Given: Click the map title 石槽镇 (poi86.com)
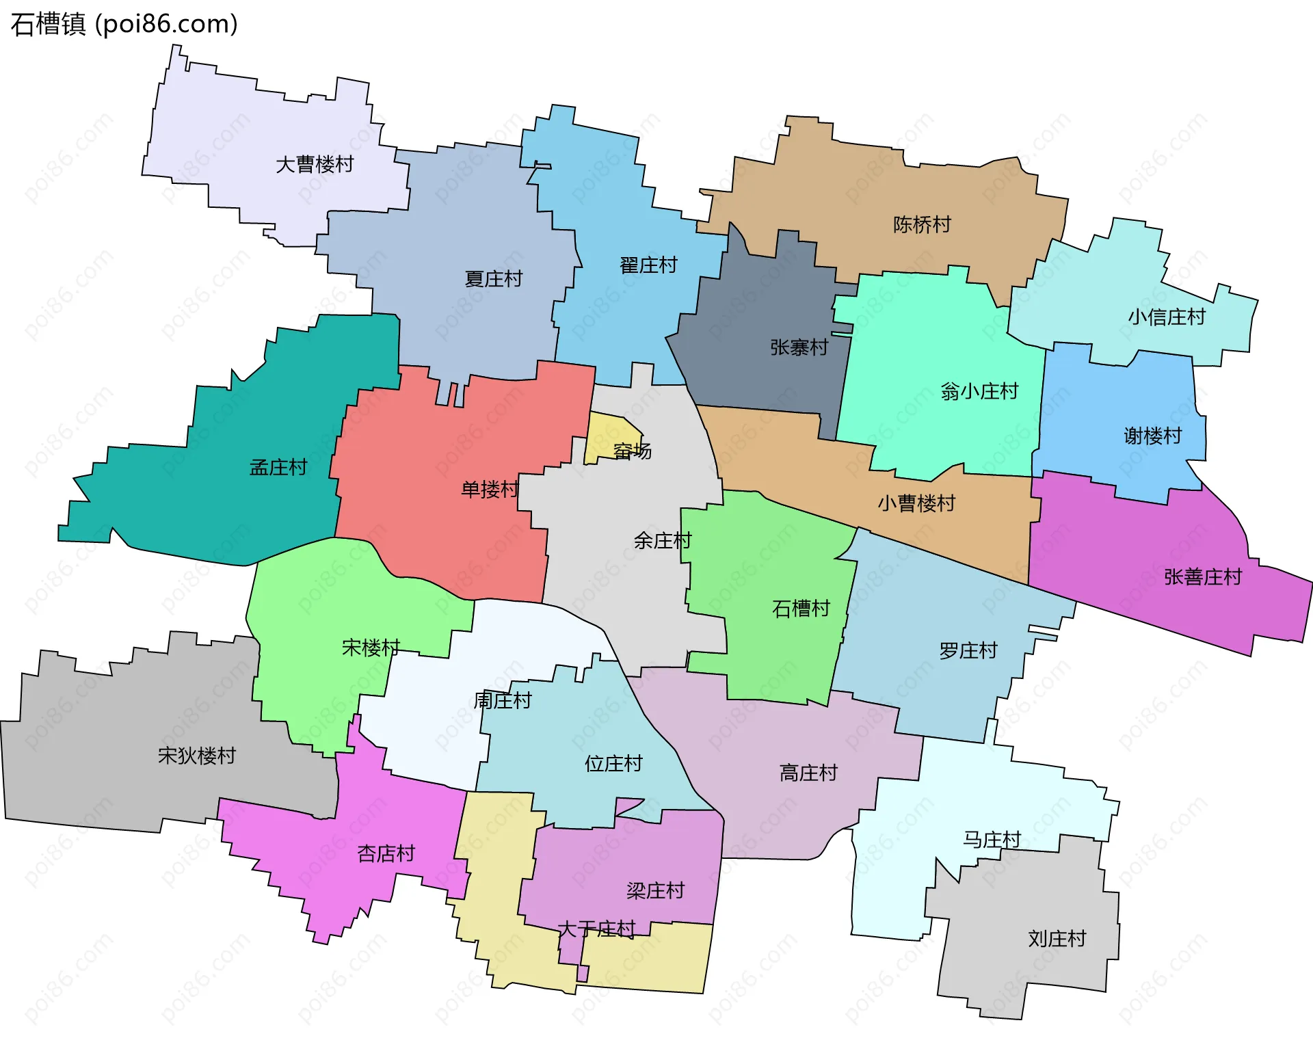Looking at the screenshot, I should coord(124,25).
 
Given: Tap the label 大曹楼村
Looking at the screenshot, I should coord(315,165).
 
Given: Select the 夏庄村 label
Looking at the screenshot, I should coord(493,279).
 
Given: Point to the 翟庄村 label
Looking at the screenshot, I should coord(648,265).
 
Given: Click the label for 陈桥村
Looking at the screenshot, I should coord(922,225).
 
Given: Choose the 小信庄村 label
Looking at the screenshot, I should coord(1167,317).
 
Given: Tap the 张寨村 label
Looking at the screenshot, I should coord(799,348).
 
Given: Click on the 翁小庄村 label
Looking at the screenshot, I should coord(979,392).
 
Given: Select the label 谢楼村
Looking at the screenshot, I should coord(1153,436).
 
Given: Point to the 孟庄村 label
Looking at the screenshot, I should coord(278,468).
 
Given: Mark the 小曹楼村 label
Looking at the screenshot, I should coord(916,504).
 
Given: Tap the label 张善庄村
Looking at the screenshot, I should coord(1203,578).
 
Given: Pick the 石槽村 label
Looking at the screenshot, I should coord(801,609).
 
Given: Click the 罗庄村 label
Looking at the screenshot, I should coord(968,651).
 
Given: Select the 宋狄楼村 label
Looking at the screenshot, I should coord(197,756).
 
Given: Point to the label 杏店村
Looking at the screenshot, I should coord(386,854).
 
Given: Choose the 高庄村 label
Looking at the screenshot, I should coord(808,773).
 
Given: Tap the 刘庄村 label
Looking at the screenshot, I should coord(1057,939).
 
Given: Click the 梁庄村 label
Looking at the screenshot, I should coord(655,891).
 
